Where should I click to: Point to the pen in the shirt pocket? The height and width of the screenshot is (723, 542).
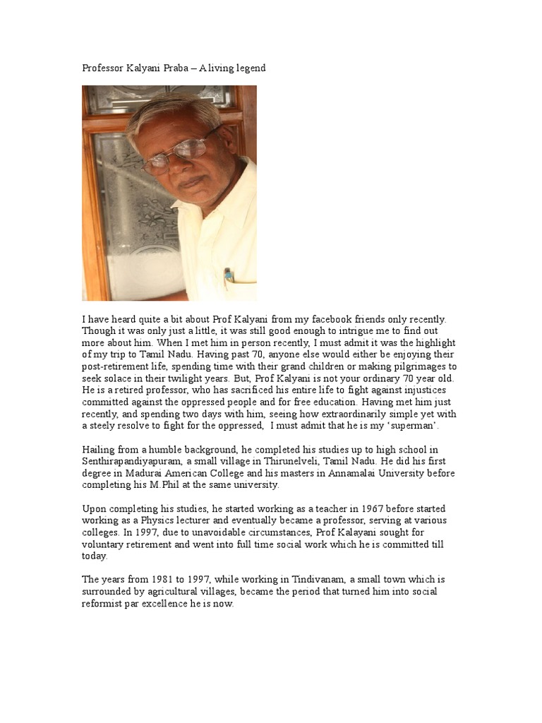point(229,275)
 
